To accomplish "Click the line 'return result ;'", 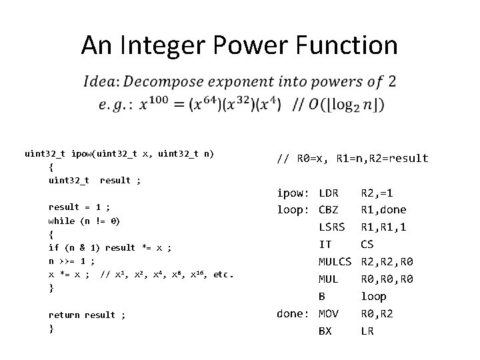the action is (87, 315).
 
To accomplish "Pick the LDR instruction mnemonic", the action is (329, 193).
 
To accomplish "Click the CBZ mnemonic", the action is (329, 210).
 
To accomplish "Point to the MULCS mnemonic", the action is (335, 261).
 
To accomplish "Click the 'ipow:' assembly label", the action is (294, 193).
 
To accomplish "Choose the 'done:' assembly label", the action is (294, 313).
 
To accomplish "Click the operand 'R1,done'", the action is (383, 210).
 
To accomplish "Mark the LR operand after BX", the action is (368, 330).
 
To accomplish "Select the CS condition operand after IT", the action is (368, 244).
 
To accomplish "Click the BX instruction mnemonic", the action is (325, 330).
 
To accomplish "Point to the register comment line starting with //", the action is (352, 159).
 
